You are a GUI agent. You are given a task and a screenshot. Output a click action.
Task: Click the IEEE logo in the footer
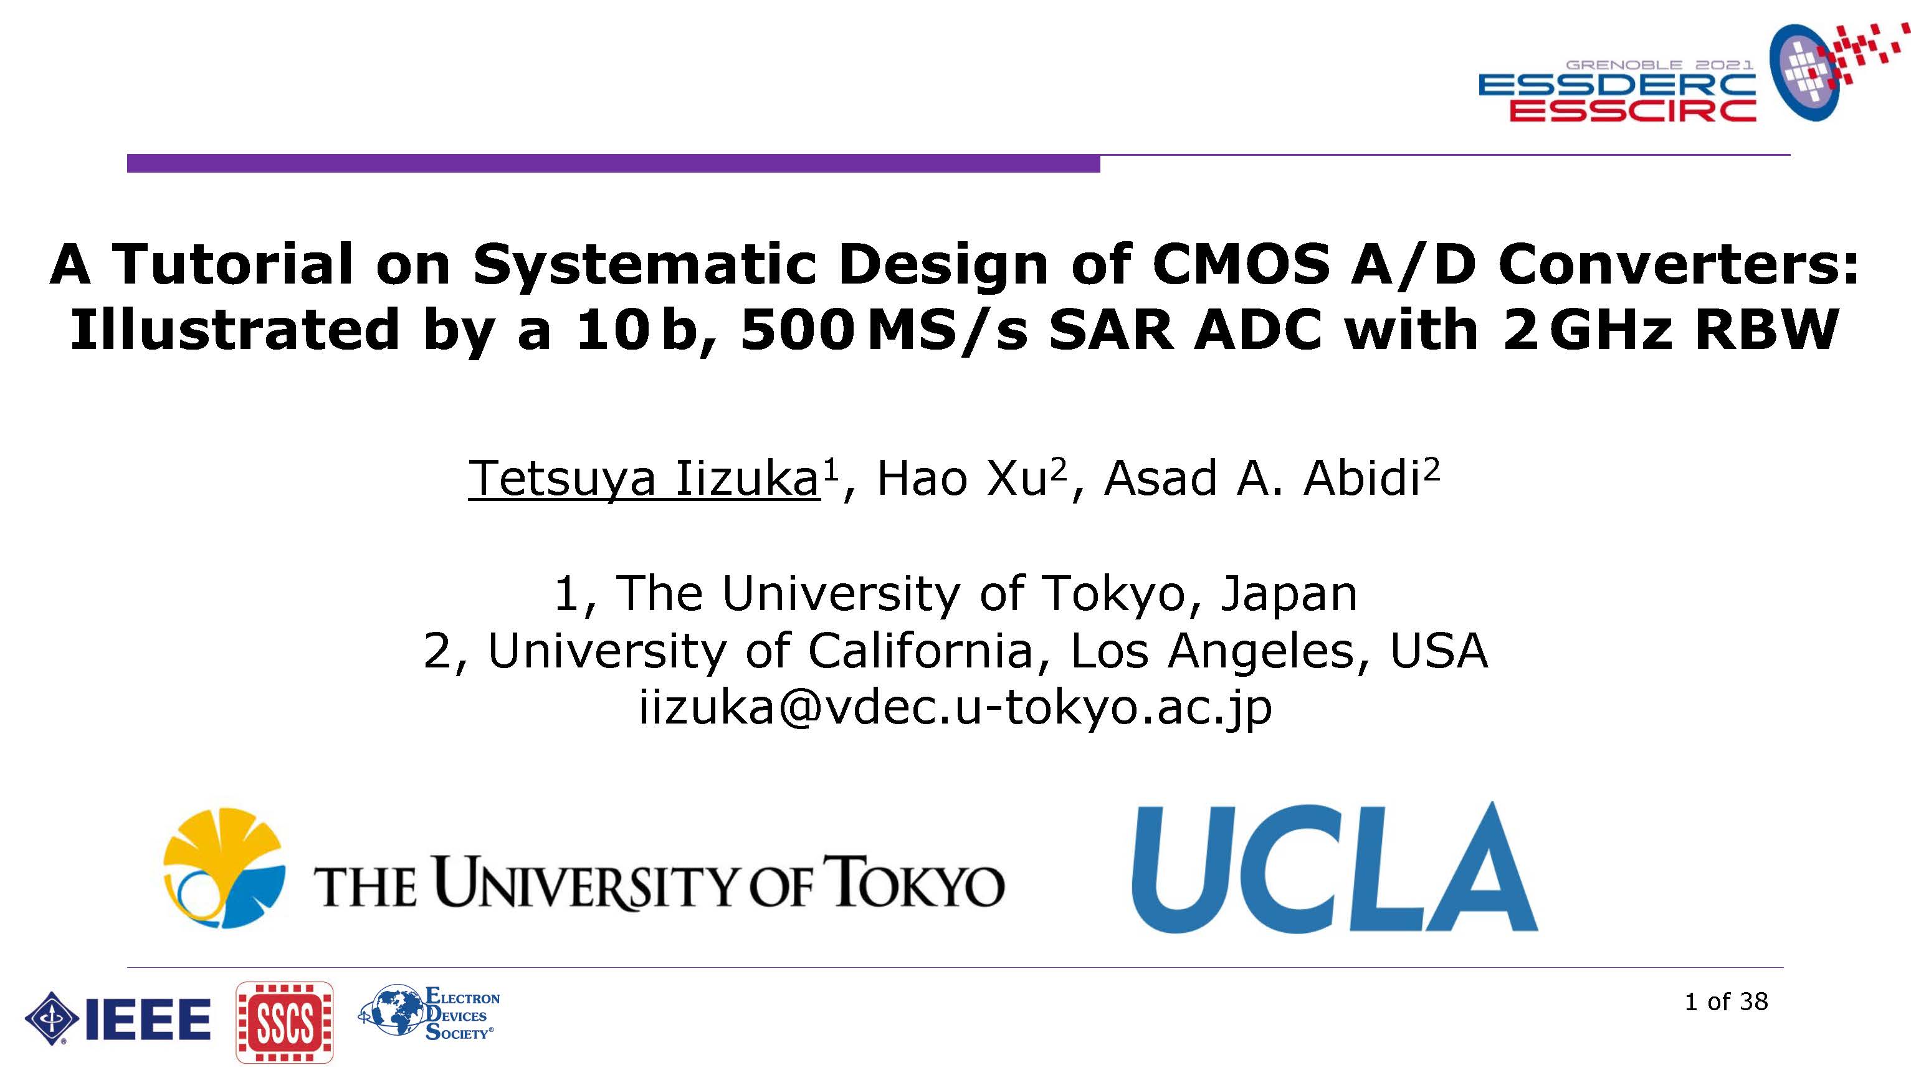point(118,1019)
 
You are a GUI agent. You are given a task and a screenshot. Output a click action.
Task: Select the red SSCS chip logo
point(284,1022)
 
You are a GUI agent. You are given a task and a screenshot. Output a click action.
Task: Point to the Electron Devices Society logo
point(429,1013)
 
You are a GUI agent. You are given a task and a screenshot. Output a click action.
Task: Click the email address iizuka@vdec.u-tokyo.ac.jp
point(956,708)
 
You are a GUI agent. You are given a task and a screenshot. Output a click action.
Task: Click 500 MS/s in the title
point(884,331)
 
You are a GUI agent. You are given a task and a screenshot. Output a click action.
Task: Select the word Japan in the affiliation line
point(1289,595)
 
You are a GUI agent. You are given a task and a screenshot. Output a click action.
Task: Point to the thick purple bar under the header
point(614,163)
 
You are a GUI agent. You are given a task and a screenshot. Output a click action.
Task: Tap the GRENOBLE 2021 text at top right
point(1659,65)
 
